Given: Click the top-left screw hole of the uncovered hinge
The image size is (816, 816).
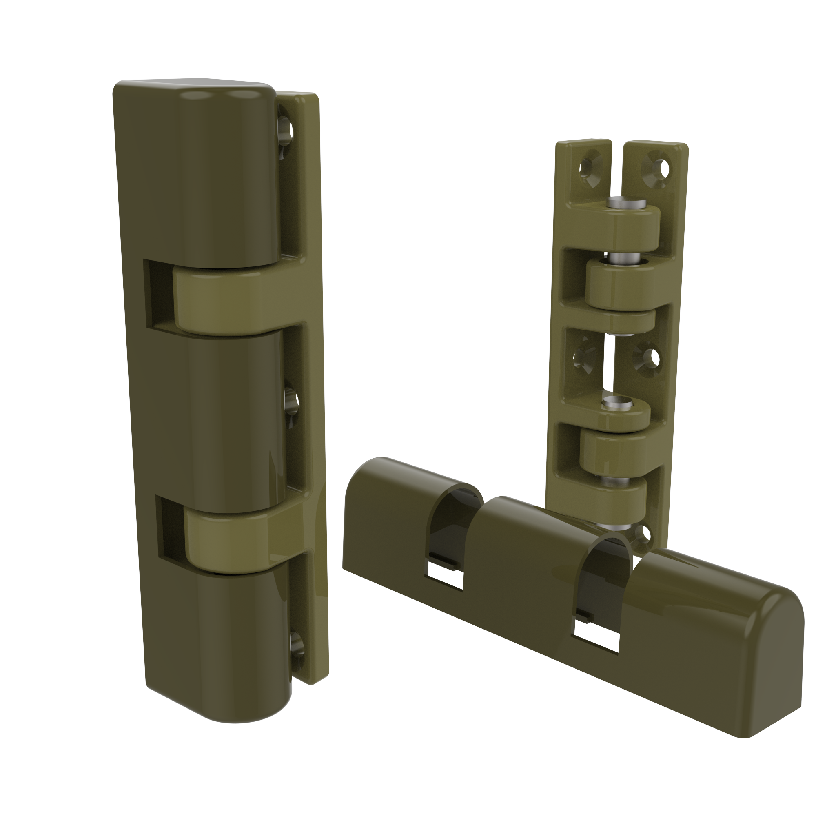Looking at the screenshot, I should coord(586,168).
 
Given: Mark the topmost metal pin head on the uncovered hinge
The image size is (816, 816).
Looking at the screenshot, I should coord(627,203).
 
